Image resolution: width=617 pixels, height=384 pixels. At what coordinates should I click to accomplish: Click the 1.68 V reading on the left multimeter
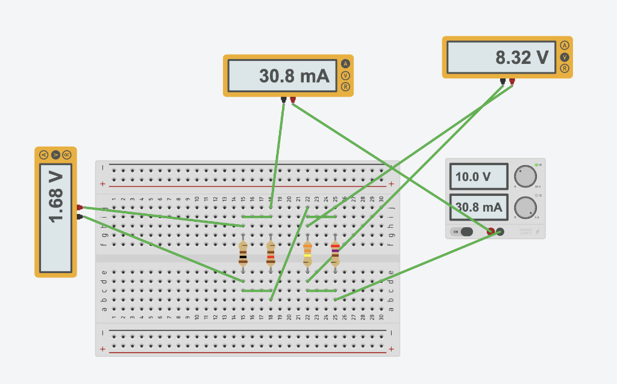[55, 212]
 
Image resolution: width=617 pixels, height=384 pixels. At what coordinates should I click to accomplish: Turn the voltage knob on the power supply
[525, 177]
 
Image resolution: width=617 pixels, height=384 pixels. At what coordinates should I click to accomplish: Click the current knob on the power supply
[525, 207]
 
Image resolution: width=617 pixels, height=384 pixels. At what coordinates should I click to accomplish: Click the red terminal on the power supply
[491, 231]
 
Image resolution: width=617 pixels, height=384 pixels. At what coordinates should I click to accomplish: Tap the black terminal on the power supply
[500, 231]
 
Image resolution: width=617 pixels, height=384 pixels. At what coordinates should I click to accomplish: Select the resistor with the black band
[243, 253]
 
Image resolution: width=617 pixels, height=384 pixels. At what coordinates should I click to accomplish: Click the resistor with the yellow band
[307, 253]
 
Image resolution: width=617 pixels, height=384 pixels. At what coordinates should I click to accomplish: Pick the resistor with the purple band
[335, 253]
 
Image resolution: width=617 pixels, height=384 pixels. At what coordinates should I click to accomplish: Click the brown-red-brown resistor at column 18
[271, 253]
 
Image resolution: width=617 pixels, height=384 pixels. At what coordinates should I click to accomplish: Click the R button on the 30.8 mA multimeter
[345, 87]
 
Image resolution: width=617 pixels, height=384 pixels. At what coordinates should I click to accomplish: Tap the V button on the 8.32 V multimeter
[565, 57]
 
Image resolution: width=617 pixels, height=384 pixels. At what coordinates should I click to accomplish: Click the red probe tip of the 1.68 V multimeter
[80, 207]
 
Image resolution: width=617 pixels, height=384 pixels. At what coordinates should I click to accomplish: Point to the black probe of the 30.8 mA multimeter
[283, 99]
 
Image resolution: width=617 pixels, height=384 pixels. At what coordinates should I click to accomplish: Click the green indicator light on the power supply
[536, 165]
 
